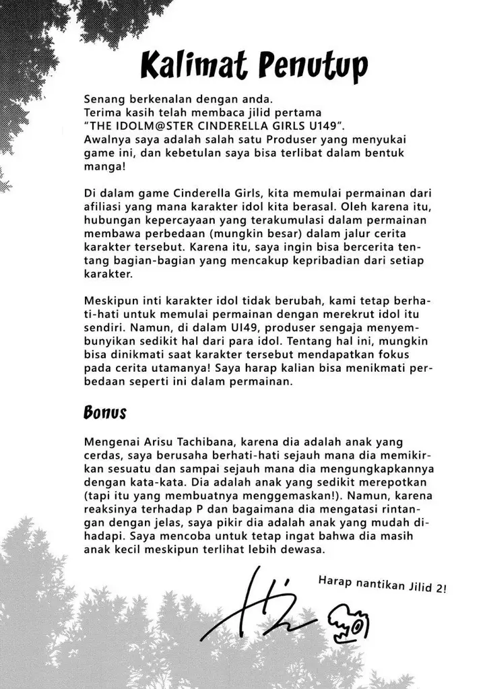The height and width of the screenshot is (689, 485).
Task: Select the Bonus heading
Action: click(105, 412)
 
